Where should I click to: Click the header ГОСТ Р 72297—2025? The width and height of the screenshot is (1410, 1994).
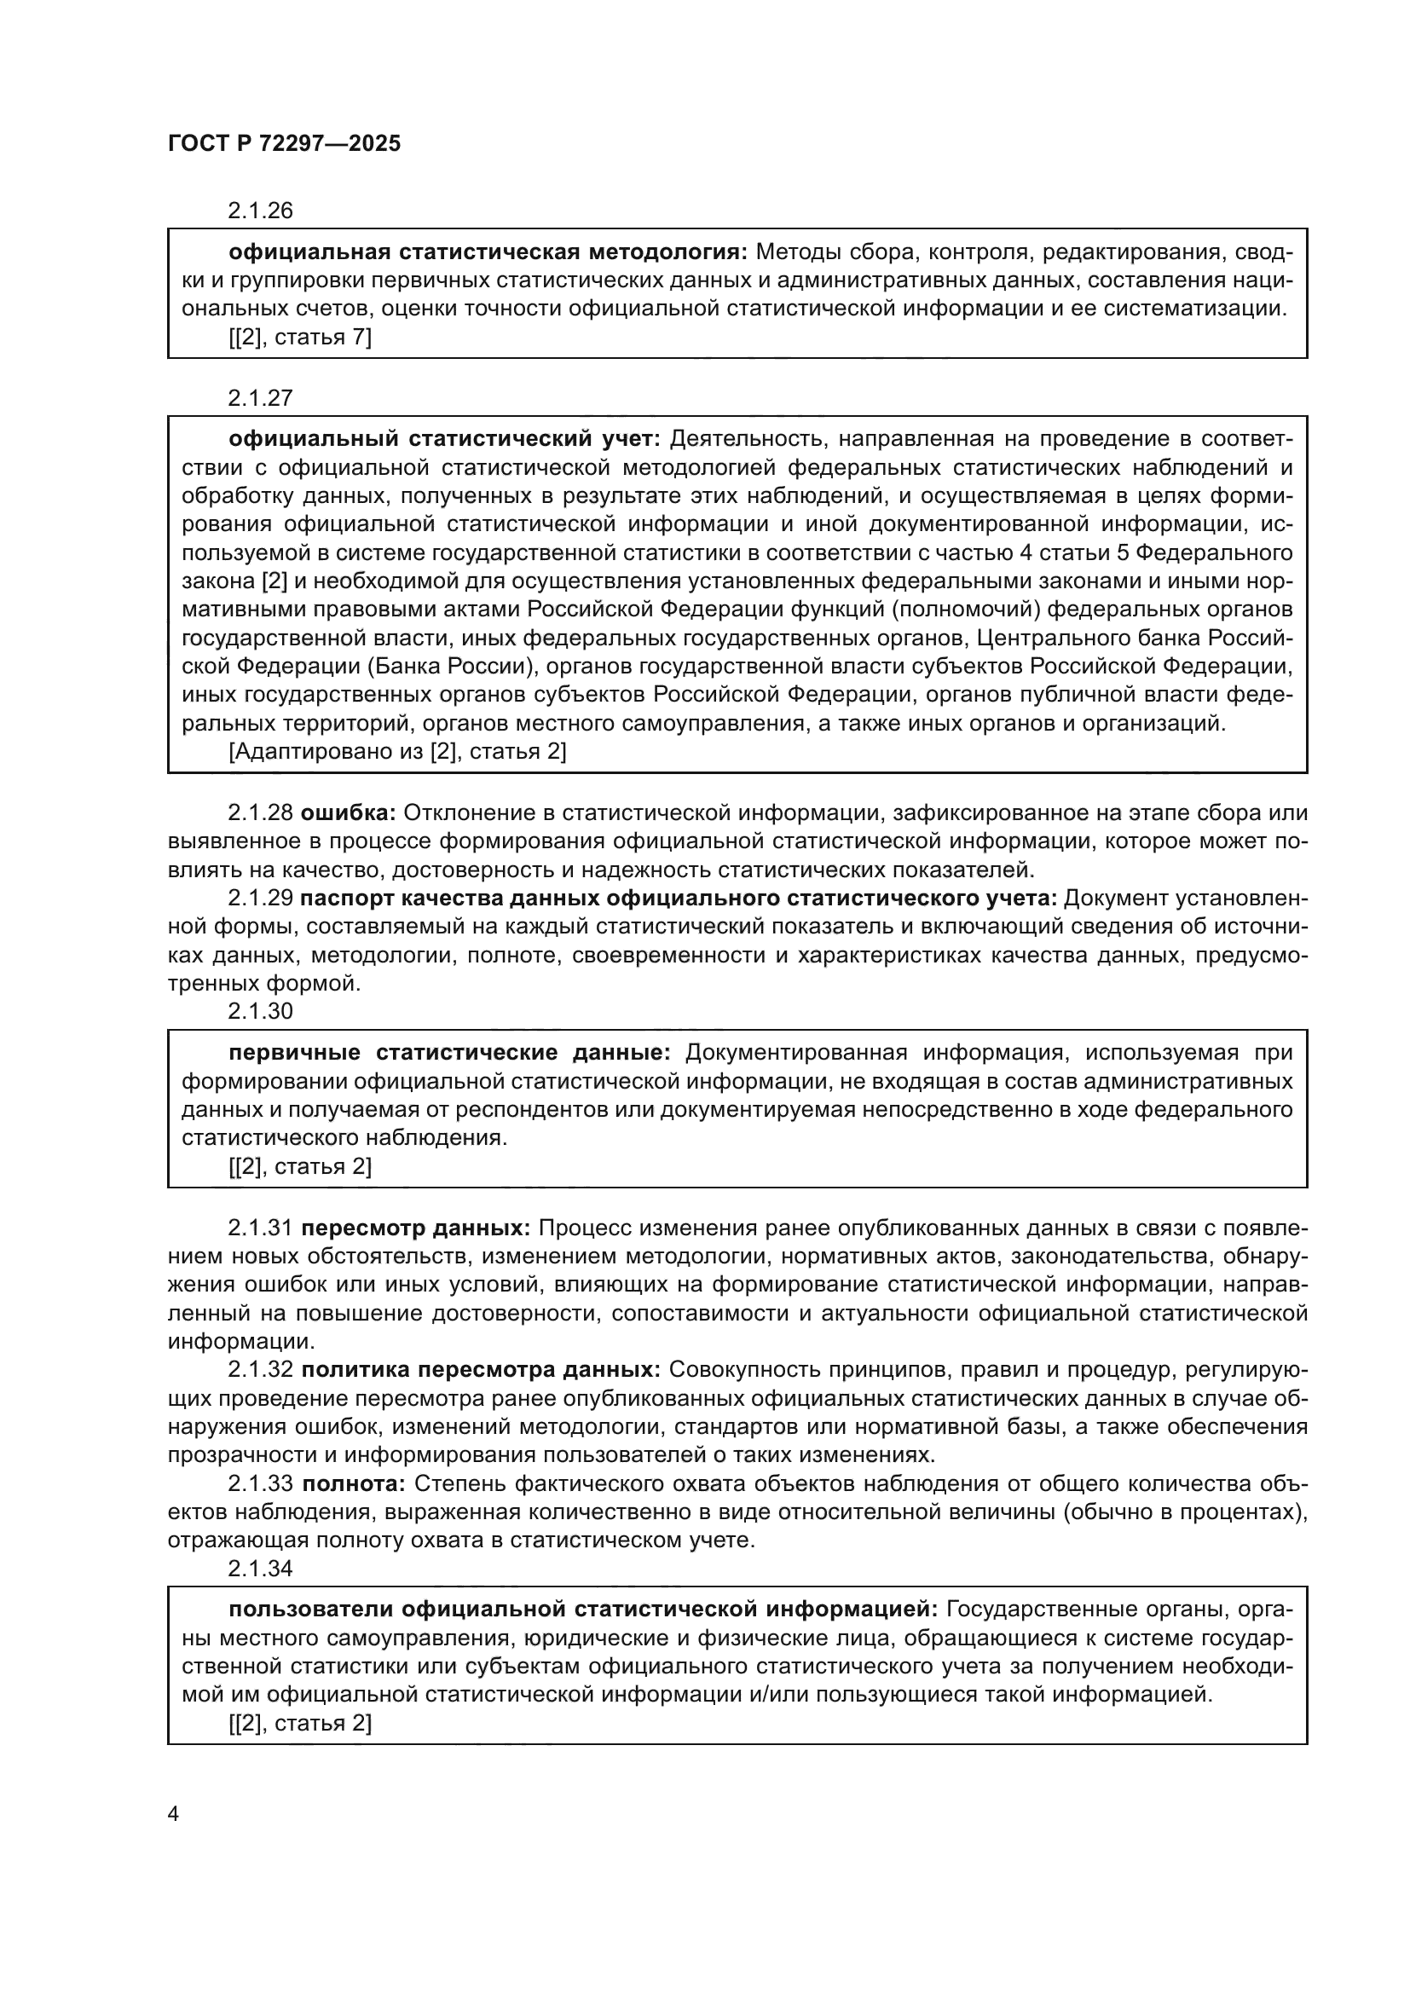(284, 144)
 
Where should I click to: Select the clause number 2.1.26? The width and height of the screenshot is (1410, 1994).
(261, 211)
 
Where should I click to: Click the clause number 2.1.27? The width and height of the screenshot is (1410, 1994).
(261, 398)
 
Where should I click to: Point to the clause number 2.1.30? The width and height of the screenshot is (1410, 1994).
(261, 1011)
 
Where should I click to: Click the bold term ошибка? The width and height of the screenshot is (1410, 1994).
(348, 813)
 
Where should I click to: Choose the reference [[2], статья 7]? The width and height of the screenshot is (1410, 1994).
(300, 337)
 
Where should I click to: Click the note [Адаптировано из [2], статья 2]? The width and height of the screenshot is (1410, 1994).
(397, 751)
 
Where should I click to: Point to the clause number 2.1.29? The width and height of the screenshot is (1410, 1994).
(261, 898)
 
